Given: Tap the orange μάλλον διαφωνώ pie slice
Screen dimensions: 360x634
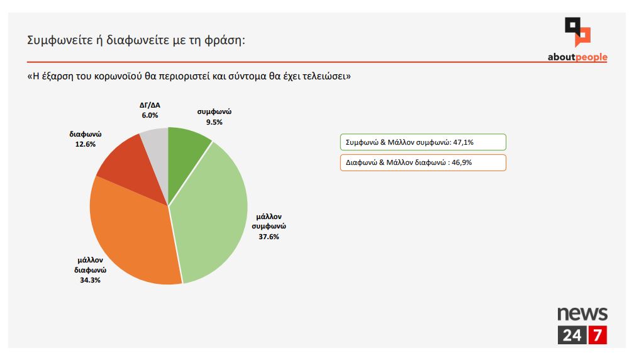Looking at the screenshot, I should pos(132,233).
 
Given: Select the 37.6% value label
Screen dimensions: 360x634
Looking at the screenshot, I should pos(269,237).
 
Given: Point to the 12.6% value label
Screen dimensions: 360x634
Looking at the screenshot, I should pos(86,144).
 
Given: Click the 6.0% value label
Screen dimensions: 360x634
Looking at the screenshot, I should pos(150,115).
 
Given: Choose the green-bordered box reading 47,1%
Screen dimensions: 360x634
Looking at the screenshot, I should pos(422,142).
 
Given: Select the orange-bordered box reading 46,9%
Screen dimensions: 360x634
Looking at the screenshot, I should pos(422,162).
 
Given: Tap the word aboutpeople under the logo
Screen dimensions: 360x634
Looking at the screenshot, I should pos(577,57).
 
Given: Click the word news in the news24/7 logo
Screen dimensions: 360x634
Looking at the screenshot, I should pos(582,314).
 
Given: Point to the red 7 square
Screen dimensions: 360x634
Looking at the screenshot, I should pos(598,335).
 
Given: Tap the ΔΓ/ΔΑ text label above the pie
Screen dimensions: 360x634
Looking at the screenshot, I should pos(150,106).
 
